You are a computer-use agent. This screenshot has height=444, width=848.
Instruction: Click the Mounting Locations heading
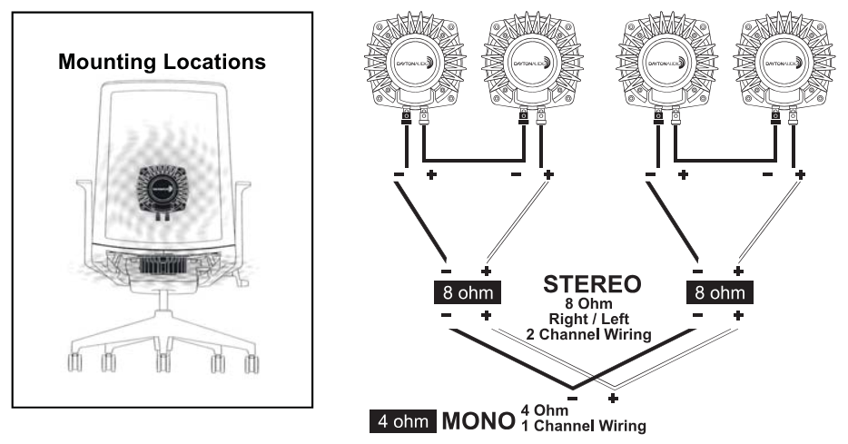(162, 63)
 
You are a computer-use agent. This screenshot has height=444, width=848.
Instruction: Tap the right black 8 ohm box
(717, 292)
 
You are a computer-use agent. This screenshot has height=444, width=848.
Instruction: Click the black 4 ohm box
(402, 422)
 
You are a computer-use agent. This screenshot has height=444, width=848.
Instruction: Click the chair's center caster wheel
(162, 364)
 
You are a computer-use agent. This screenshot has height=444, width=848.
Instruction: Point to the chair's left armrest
(84, 195)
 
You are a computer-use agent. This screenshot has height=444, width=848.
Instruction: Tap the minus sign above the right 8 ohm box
(697, 271)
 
